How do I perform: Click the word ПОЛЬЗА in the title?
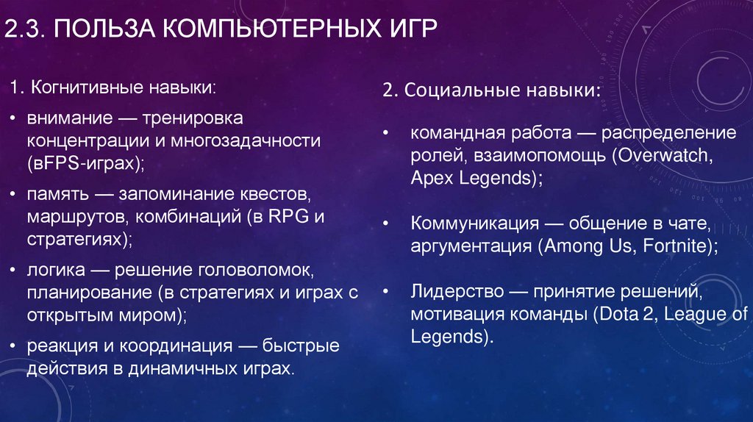104,30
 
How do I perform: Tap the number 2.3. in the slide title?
26,30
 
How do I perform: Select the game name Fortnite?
673,246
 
